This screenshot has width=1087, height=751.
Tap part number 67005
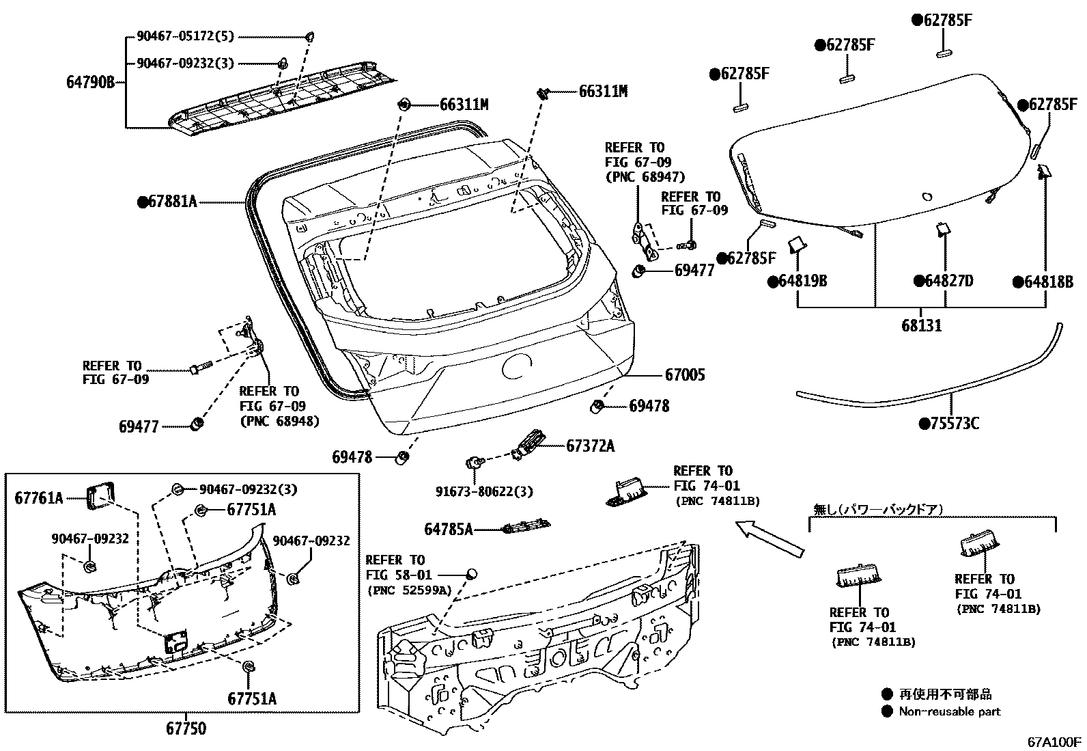coord(685,374)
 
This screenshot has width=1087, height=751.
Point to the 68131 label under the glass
coord(921,326)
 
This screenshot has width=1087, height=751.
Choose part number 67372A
coord(590,446)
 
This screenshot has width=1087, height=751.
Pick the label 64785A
coord(448,529)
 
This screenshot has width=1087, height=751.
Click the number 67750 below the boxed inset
coord(185,729)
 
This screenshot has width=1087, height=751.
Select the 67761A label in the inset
coord(38,498)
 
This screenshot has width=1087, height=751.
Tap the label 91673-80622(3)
coord(484,491)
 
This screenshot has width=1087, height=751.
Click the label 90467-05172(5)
coord(185,37)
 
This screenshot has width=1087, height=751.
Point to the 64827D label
coord(948,281)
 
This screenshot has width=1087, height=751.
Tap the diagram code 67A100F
coord(1055,741)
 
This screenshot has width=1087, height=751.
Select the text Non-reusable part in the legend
coord(949,711)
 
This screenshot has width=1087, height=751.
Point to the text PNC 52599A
coord(409,590)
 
